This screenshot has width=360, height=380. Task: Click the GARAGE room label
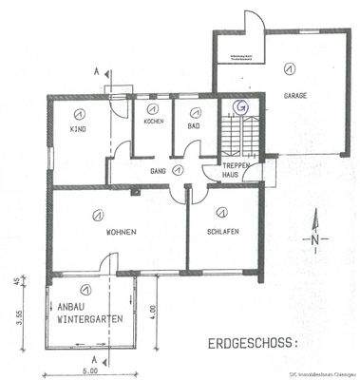(x=295, y=96)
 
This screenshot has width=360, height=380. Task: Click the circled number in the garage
(x=285, y=68)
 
